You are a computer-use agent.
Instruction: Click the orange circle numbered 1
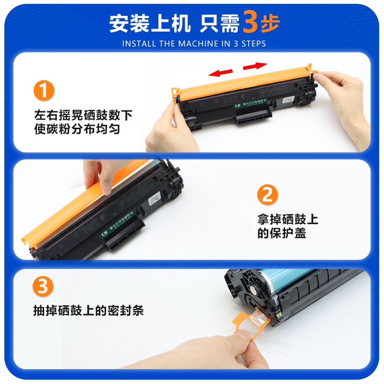[x=44, y=91]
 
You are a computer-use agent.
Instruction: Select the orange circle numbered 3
[x=44, y=287]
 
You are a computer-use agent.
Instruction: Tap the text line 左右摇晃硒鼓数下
[x=83, y=116]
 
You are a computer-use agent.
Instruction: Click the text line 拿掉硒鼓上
[x=288, y=220]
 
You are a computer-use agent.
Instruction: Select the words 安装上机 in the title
[x=149, y=24]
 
